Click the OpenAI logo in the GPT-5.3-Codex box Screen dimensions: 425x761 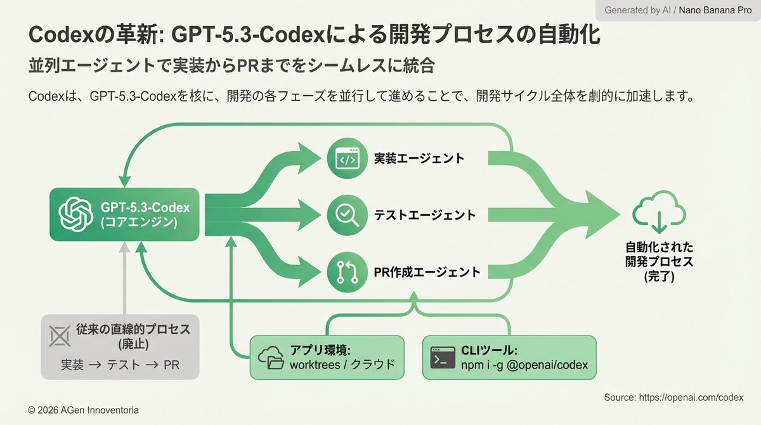[76, 214]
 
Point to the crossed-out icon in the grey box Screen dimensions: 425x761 [60, 337]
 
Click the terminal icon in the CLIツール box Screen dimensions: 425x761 [443, 357]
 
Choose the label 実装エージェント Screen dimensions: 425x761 [419, 159]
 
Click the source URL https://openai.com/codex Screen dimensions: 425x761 [673, 397]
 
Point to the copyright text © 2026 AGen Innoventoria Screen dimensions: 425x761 [83, 410]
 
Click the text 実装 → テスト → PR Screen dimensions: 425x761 [120, 365]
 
